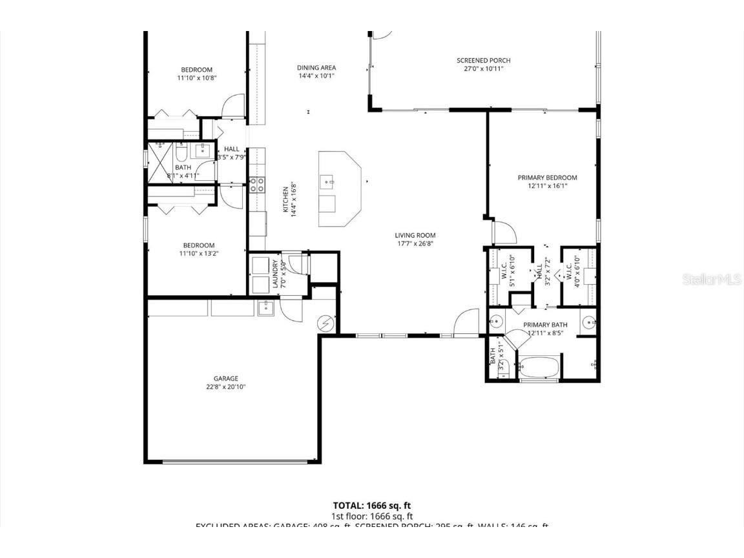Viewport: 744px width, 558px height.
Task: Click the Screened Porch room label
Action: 483,61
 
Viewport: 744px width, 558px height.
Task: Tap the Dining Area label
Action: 316,68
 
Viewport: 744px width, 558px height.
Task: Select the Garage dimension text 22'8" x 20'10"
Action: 226,387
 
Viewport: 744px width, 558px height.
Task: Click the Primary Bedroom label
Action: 547,178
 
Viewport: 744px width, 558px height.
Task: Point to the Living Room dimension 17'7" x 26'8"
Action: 415,244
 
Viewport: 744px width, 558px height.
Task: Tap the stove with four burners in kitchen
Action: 257,185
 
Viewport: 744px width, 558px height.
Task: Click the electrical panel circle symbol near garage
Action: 327,322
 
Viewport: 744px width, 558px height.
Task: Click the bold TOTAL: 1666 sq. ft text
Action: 371,506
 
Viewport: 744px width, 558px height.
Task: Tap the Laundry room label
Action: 275,273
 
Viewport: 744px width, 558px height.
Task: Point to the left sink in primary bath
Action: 495,322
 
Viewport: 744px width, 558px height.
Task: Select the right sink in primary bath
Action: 589,322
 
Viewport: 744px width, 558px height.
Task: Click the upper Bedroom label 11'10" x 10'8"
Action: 196,70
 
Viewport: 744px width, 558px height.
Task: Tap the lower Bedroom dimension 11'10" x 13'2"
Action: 198,254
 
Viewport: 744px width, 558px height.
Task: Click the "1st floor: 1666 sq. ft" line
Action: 371,517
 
